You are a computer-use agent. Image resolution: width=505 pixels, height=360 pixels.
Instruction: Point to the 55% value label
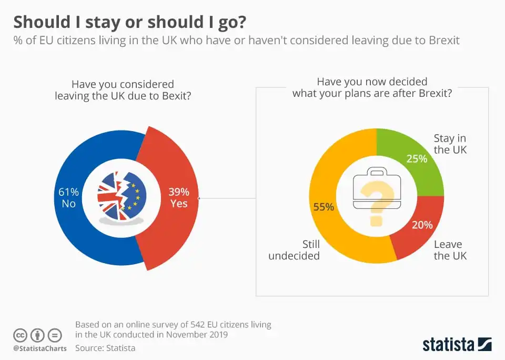324,207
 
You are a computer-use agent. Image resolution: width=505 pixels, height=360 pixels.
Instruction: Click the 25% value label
417,158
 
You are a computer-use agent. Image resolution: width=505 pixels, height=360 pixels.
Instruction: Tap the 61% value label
69,192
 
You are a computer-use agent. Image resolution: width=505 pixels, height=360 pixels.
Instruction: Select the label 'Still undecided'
294,250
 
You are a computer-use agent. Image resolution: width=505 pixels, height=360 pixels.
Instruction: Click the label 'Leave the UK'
450,250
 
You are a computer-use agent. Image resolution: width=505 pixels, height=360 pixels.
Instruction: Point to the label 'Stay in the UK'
450,144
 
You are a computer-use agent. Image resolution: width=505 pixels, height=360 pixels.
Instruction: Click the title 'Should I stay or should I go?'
129,22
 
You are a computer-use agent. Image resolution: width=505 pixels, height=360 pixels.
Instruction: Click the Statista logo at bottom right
457,345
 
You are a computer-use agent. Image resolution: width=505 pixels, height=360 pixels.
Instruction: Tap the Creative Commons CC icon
20,335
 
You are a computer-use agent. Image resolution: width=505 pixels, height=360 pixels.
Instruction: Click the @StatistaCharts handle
39,348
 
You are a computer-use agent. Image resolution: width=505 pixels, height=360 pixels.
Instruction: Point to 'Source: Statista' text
105,348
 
